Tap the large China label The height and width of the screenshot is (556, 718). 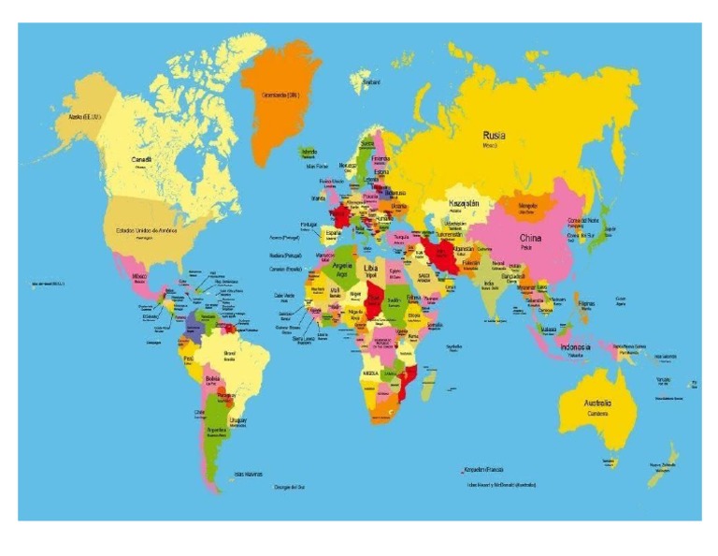tap(530, 239)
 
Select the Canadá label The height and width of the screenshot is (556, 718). tap(141, 160)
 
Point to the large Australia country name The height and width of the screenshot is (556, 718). tap(598, 403)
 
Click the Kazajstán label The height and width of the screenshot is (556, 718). tap(464, 203)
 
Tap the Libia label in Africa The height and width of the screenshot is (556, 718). tap(371, 268)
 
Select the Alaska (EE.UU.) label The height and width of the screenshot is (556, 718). tap(85, 117)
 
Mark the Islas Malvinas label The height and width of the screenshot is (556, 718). tap(248, 474)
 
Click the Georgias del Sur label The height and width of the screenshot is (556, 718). tap(290, 487)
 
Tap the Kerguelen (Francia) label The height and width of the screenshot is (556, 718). tap(483, 469)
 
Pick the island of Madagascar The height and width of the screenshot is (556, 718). tap(429, 382)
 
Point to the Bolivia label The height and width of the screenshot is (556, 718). tap(212, 378)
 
